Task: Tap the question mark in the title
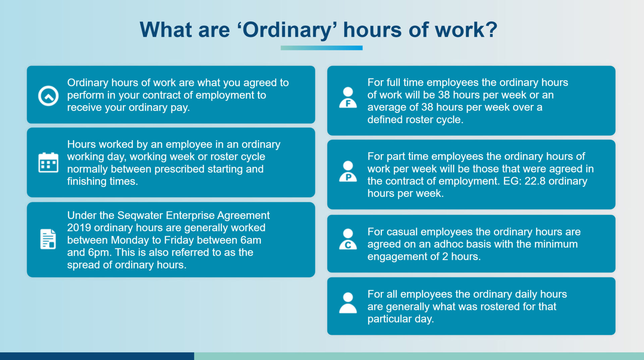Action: tap(491, 29)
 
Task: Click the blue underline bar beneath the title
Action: tap(321, 48)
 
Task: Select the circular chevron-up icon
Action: tap(48, 96)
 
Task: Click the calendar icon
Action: tap(48, 163)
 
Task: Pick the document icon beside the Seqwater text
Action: tap(48, 239)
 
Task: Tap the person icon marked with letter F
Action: tap(348, 98)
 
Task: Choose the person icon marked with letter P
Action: tap(348, 171)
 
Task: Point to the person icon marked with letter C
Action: tap(348, 239)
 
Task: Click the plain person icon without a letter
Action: tap(348, 303)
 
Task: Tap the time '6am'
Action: tap(251, 240)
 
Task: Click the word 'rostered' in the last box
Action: tap(498, 306)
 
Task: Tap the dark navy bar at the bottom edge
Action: tap(97, 356)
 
